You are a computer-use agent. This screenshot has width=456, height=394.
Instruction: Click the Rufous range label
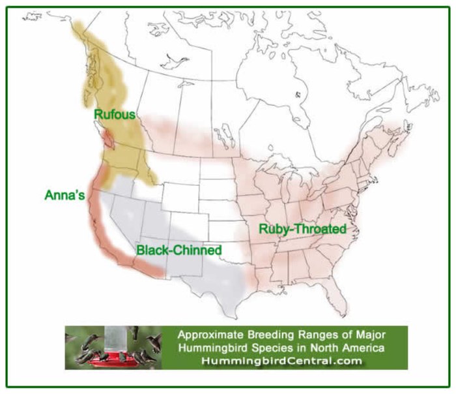pyautogui.click(x=115, y=115)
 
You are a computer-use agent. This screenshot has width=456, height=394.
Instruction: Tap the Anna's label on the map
pyautogui.click(x=64, y=195)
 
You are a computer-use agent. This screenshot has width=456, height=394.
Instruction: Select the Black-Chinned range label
pyautogui.click(x=179, y=250)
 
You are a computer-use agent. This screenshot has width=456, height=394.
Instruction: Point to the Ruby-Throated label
pyautogui.click(x=302, y=229)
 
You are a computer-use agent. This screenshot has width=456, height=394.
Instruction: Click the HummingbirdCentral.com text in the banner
pyautogui.click(x=281, y=361)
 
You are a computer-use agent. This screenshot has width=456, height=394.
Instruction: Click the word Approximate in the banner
pyautogui.click(x=210, y=335)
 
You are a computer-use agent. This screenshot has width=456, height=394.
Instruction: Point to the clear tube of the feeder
pyautogui.click(x=113, y=339)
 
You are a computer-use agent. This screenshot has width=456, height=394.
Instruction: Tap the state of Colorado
pyautogui.click(x=189, y=225)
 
